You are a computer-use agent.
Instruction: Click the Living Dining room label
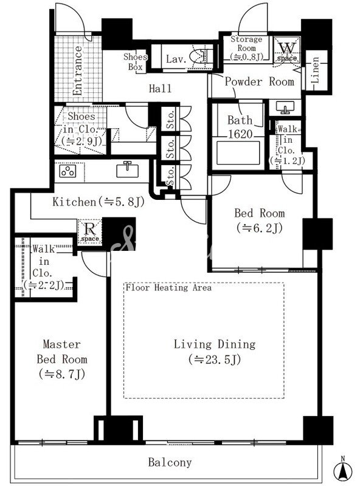click(215, 352)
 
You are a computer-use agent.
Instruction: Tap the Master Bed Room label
click(62, 359)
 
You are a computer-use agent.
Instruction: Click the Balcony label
click(170, 462)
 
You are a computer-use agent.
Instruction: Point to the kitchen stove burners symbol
click(68, 171)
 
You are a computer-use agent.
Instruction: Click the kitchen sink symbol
click(127, 169)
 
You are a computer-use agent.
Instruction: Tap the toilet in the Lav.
click(199, 56)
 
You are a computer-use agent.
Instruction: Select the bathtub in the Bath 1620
click(238, 153)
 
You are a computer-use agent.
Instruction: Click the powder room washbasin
click(285, 108)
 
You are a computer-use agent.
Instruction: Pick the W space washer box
click(287, 50)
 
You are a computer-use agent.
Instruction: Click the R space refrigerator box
click(89, 231)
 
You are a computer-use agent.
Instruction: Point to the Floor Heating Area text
click(168, 287)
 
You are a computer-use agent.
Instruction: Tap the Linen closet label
click(316, 70)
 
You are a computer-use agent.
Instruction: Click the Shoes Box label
click(136, 62)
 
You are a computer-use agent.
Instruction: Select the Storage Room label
click(246, 48)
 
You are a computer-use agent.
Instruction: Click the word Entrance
click(77, 70)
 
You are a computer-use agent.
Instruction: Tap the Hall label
click(160, 89)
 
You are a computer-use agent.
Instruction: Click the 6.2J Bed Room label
click(259, 221)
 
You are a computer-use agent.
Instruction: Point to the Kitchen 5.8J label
click(99, 202)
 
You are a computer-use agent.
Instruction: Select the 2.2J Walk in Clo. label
click(44, 267)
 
